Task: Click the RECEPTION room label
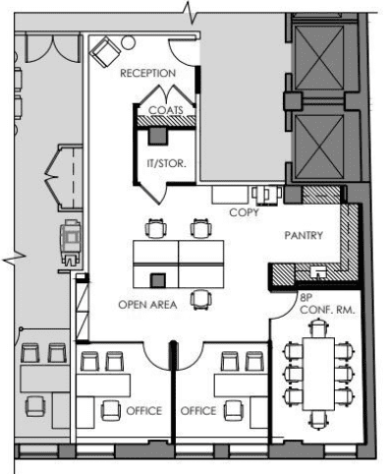(147, 73)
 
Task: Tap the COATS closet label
(166, 110)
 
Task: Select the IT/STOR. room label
(166, 163)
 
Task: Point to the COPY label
(244, 212)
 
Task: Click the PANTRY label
(304, 235)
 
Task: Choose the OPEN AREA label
(147, 305)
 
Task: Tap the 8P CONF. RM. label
(327, 304)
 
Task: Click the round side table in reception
(128, 43)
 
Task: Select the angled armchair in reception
(105, 52)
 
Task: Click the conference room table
(318, 374)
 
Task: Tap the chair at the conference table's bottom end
(318, 420)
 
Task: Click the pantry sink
(318, 272)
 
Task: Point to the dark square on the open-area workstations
(157, 280)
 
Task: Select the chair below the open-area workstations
(201, 299)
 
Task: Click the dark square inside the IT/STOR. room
(158, 136)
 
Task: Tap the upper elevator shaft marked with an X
(319, 58)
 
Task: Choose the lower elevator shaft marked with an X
(319, 147)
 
